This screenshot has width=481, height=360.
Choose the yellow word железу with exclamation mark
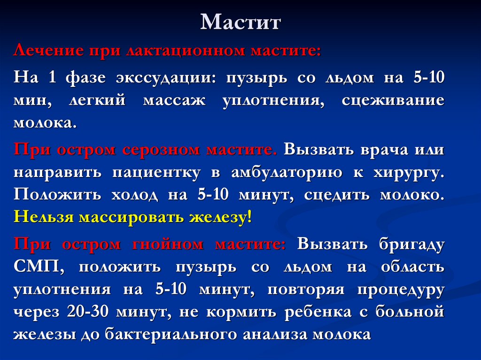coord(220,218)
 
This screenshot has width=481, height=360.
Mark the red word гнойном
coord(171,244)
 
